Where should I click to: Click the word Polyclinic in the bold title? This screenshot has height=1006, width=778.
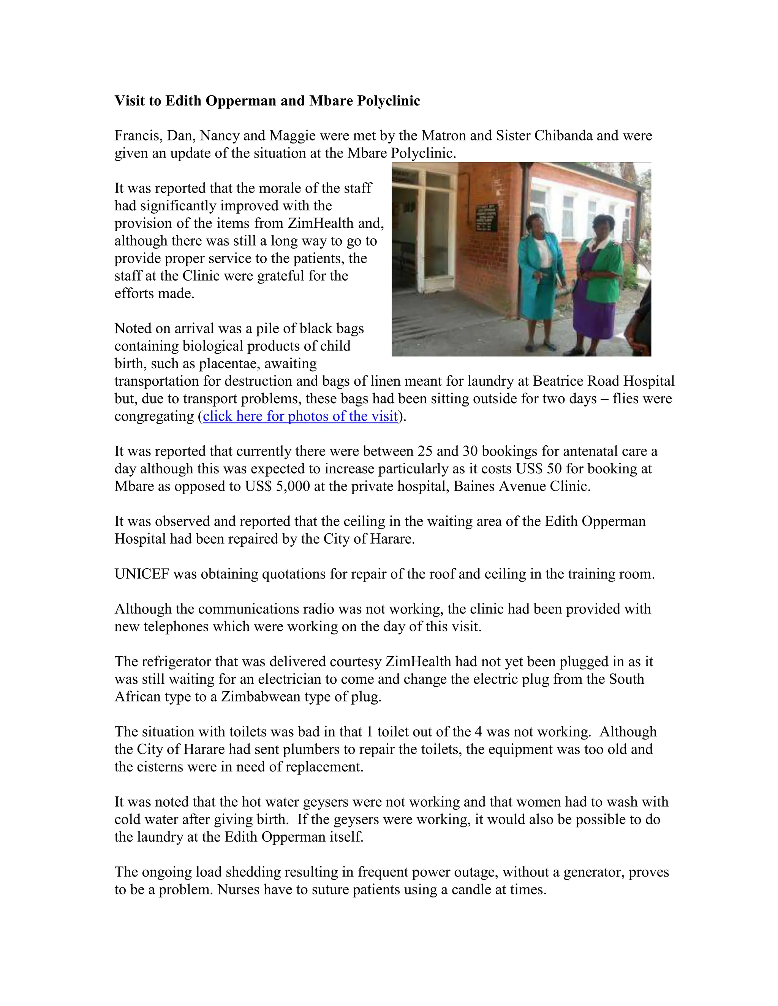388,101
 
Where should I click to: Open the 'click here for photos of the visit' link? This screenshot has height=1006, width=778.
300,416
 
